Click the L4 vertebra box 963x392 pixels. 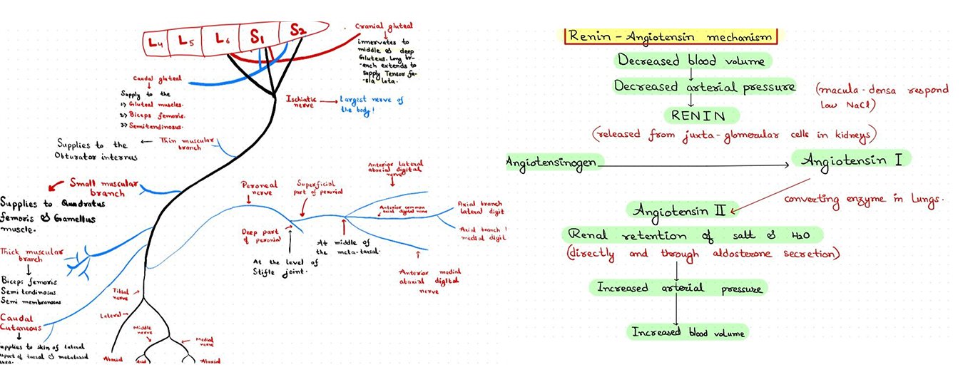click(x=155, y=42)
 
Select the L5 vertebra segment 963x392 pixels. click(x=185, y=41)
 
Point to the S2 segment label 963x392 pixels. click(x=297, y=30)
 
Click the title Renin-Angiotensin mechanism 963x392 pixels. click(x=670, y=36)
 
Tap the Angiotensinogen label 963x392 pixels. click(x=551, y=162)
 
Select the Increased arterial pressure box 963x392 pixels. click(x=680, y=289)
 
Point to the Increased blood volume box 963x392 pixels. click(x=688, y=332)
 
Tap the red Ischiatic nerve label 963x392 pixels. click(x=300, y=102)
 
